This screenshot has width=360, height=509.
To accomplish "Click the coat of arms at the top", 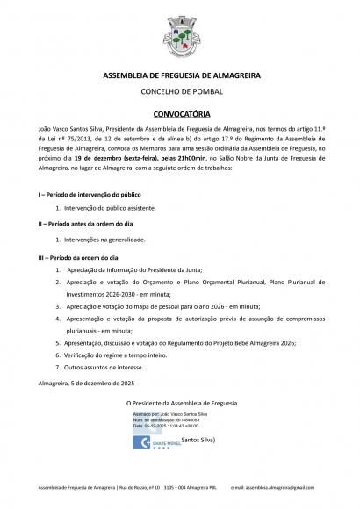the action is tap(179, 37).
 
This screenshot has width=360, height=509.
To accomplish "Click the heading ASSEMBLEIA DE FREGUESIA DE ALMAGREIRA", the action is tap(179, 77).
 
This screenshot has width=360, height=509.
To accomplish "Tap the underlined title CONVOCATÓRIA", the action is tap(179, 114).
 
